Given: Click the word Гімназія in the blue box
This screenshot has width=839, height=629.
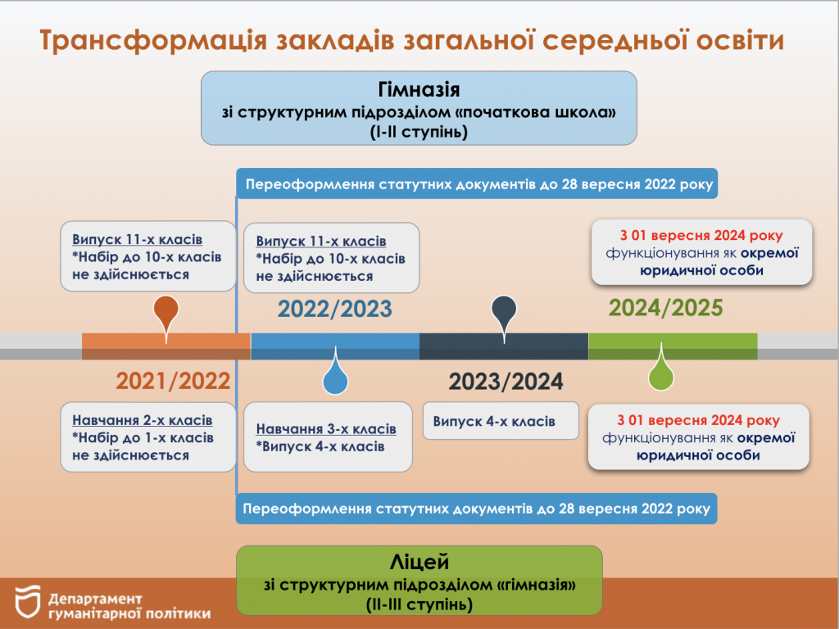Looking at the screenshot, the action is tap(419, 89).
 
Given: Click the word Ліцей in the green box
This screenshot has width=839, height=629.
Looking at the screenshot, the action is tap(419, 562).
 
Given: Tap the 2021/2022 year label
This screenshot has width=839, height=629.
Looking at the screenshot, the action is tap(173, 381).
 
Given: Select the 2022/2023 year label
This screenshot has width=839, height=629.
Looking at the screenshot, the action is tap(334, 309).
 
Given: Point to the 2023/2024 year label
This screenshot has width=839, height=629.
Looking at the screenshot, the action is tap(506, 382).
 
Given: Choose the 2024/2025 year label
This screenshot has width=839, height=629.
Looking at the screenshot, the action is tap(665, 308).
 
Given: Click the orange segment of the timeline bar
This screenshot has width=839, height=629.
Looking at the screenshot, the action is tap(166, 346).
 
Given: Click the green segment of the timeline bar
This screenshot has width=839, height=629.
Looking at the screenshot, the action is tap(673, 346).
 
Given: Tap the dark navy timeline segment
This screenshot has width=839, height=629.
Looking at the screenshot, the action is tap(504, 346).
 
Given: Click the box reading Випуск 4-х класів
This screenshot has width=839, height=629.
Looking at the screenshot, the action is tap(501, 421).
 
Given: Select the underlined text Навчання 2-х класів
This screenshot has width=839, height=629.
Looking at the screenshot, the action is tap(143, 420).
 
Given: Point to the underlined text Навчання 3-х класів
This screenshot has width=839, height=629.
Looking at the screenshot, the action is tap(326, 429).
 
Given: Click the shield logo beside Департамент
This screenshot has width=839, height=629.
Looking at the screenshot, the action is tap(28, 602).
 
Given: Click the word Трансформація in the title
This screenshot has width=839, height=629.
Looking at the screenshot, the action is tap(153, 41).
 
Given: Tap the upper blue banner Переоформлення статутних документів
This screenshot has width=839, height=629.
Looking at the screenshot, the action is tap(477, 184).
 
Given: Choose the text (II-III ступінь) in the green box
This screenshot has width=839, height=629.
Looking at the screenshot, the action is tap(419, 605).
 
